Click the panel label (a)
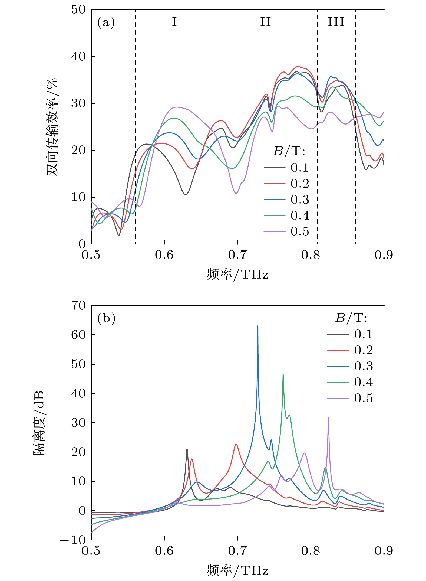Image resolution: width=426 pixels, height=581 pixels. (x=106, y=22)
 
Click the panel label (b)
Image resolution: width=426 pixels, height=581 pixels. (x=106, y=318)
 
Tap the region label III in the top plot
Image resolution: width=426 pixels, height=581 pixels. (x=336, y=22)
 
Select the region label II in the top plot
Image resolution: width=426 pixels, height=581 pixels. (x=265, y=22)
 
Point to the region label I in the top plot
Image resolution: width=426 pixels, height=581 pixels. (x=174, y=22)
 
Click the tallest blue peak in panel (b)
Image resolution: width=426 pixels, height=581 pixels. (x=258, y=327)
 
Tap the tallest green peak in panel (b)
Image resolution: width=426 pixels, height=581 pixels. (x=283, y=375)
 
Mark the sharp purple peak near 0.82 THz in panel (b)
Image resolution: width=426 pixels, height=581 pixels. (x=328, y=418)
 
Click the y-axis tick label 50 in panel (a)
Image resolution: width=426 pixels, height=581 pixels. (x=78, y=10)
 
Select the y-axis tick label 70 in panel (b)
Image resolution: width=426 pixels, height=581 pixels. (x=78, y=306)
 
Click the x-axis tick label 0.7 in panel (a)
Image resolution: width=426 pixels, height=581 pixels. (x=237, y=255)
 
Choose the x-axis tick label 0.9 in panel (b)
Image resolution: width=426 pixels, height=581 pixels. (x=384, y=551)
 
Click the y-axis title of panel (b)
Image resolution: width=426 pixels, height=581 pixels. (x=38, y=423)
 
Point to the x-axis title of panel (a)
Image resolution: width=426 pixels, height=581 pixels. (x=237, y=275)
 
